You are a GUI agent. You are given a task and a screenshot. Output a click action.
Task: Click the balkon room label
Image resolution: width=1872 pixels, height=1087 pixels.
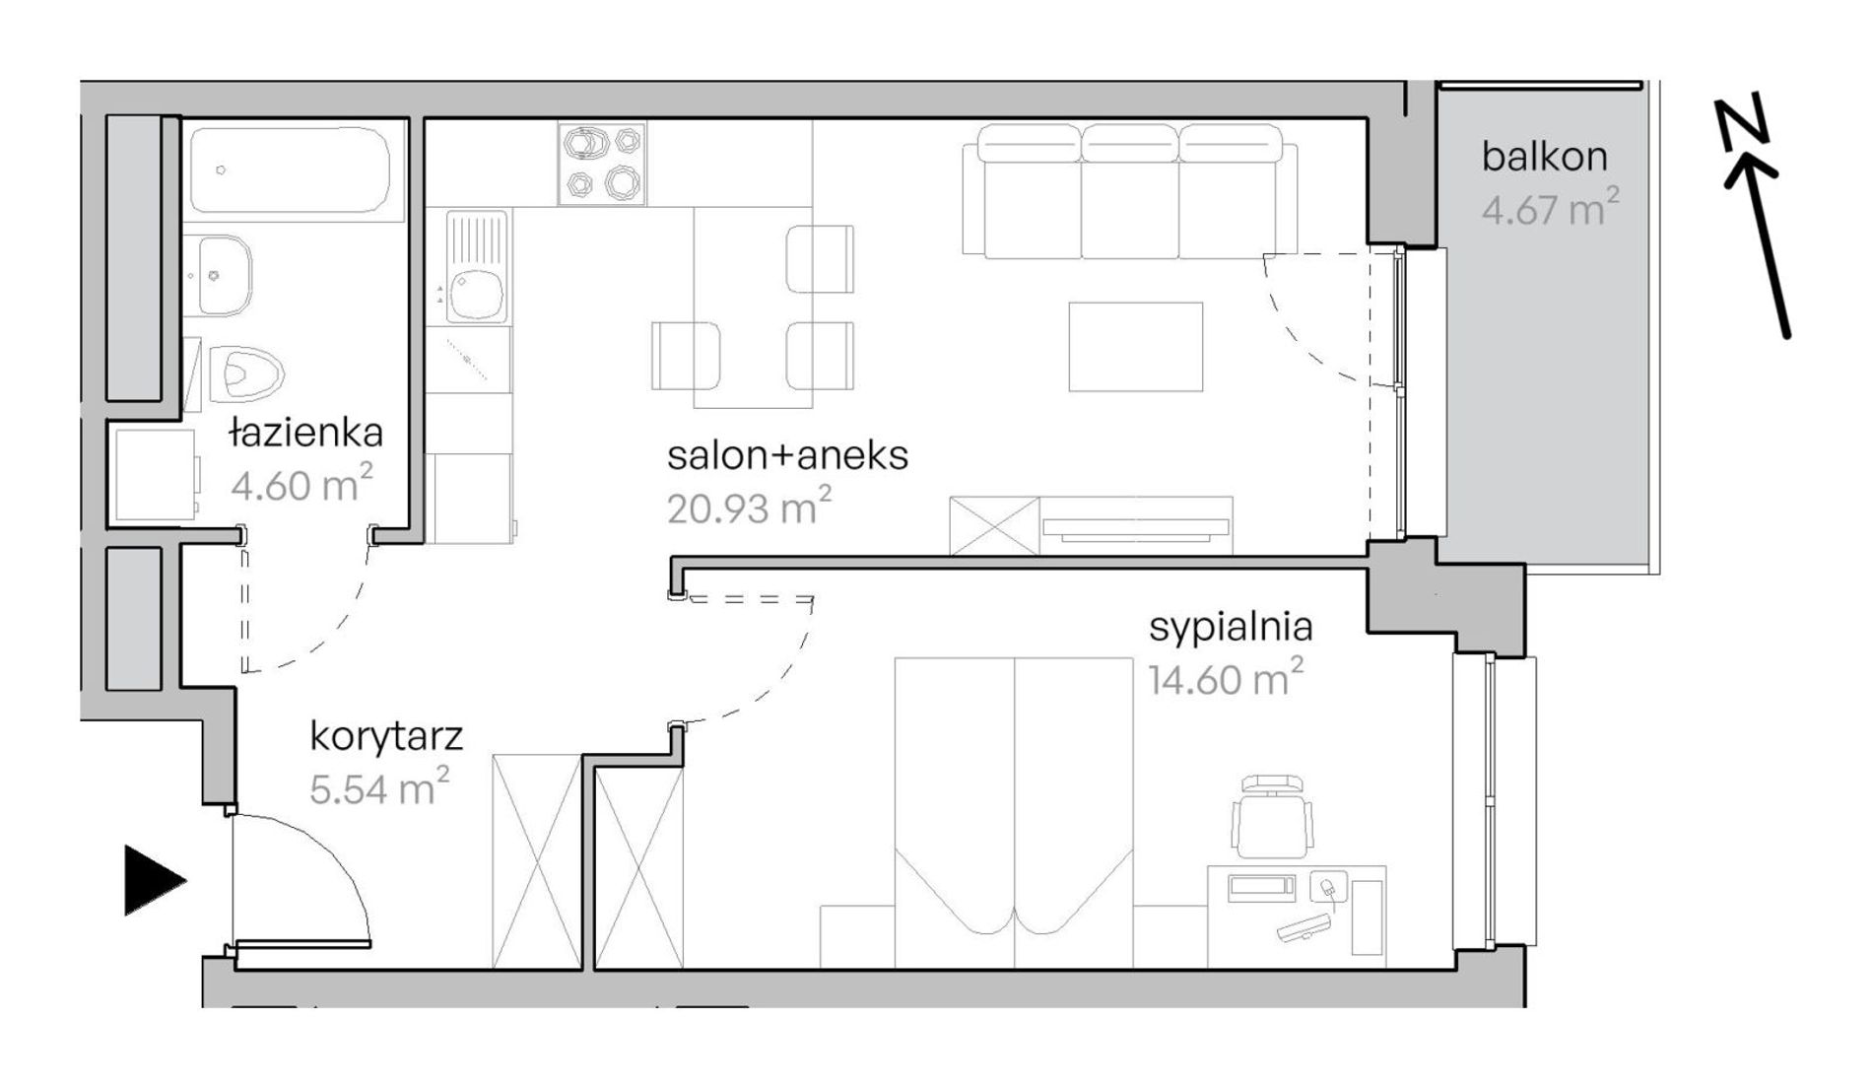(1544, 157)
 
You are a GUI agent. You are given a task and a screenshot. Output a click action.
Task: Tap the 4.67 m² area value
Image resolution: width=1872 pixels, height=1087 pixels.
(1550, 208)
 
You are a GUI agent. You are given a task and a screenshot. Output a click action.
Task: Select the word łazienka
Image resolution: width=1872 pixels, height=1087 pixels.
(305, 433)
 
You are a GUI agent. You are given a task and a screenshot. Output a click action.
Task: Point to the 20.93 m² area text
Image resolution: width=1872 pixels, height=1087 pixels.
(749, 507)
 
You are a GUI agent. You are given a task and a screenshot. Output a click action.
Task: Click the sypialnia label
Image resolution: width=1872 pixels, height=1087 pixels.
(1231, 628)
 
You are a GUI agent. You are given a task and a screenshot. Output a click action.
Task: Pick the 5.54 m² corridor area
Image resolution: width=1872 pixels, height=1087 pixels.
(379, 787)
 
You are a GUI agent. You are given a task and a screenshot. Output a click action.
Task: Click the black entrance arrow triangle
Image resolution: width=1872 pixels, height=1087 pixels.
(154, 880)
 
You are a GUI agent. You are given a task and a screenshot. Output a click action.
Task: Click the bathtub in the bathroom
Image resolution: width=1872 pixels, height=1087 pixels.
(297, 169)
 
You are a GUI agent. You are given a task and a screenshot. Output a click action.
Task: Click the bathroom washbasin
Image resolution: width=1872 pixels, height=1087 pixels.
(217, 275)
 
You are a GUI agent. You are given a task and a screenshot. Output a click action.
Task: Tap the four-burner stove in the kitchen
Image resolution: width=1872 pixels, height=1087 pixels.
(602, 164)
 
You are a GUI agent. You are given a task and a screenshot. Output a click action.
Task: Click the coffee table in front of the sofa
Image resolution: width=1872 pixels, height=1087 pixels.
(1135, 347)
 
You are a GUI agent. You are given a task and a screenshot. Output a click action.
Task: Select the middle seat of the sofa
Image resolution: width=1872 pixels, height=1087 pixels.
(1129, 192)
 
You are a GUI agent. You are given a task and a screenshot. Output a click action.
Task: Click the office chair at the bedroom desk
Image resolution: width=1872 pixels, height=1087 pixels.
(1272, 817)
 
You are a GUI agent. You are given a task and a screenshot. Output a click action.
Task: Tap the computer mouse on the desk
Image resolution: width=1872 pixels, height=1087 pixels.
(1327, 887)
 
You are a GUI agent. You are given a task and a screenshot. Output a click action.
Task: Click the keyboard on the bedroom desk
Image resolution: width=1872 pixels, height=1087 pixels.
(1304, 928)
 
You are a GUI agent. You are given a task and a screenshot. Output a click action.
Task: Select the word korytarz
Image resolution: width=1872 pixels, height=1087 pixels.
(386, 736)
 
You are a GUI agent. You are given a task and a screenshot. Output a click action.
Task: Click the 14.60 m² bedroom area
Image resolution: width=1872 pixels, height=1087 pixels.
(1226, 678)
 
